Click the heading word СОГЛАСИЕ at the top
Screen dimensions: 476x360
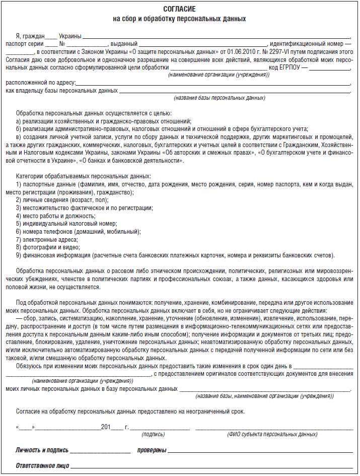(180, 10)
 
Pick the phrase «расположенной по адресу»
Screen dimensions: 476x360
(40, 83)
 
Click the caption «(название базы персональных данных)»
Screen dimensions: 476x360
(220, 98)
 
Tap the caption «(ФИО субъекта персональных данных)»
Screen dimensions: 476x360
(272, 434)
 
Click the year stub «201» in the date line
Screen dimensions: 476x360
(105, 427)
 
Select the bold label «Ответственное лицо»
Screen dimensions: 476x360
(42, 465)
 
